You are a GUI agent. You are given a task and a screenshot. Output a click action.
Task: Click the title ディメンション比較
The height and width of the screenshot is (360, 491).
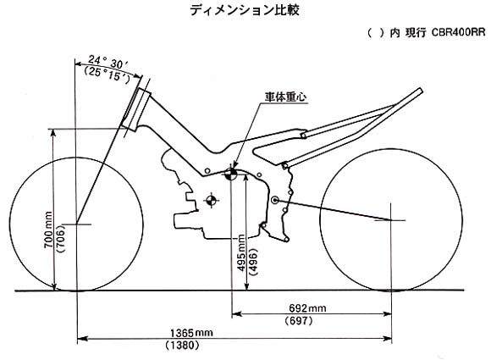pyautogui.click(x=245, y=9)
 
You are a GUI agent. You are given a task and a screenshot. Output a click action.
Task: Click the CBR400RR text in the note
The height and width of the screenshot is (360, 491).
pyautogui.click(x=459, y=32)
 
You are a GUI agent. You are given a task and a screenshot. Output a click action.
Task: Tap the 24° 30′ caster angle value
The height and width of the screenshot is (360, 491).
pyautogui.click(x=108, y=62)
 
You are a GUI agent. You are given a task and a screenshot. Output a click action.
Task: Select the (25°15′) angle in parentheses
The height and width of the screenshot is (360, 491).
pyautogui.click(x=107, y=75)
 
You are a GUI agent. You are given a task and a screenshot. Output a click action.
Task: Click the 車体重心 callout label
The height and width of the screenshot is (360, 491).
pyautogui.click(x=285, y=97)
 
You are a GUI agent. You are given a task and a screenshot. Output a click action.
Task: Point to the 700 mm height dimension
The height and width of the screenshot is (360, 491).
pyautogui.click(x=48, y=230)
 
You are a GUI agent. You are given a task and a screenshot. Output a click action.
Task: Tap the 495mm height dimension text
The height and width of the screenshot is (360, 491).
pyautogui.click(x=241, y=252)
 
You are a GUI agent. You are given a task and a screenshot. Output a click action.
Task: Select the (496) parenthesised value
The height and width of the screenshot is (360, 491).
pyautogui.click(x=253, y=262)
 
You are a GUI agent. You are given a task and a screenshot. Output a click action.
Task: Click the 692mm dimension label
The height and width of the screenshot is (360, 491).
pyautogui.click(x=307, y=308)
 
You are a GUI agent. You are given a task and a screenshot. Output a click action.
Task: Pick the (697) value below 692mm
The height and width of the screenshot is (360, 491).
pyautogui.click(x=299, y=320)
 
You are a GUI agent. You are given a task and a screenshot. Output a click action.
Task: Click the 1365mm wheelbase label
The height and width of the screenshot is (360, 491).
pyautogui.click(x=191, y=332)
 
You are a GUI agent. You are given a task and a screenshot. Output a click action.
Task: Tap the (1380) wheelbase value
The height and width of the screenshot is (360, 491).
pyautogui.click(x=182, y=345)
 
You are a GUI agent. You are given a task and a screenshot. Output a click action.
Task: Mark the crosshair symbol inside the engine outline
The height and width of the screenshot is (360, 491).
pyautogui.click(x=212, y=200)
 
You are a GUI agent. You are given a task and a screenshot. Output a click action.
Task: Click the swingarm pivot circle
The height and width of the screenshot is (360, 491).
pyautogui.click(x=275, y=200)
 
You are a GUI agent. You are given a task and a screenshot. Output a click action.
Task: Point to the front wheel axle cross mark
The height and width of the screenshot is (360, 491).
pyautogui.click(x=77, y=224)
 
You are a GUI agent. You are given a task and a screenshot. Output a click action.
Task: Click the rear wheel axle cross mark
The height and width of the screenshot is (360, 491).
pyautogui.click(x=391, y=220)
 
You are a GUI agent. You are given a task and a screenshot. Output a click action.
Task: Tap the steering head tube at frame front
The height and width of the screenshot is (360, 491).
pyautogui.click(x=136, y=109)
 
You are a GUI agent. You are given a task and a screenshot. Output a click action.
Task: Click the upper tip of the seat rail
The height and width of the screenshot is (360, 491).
pyautogui.click(x=420, y=91)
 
